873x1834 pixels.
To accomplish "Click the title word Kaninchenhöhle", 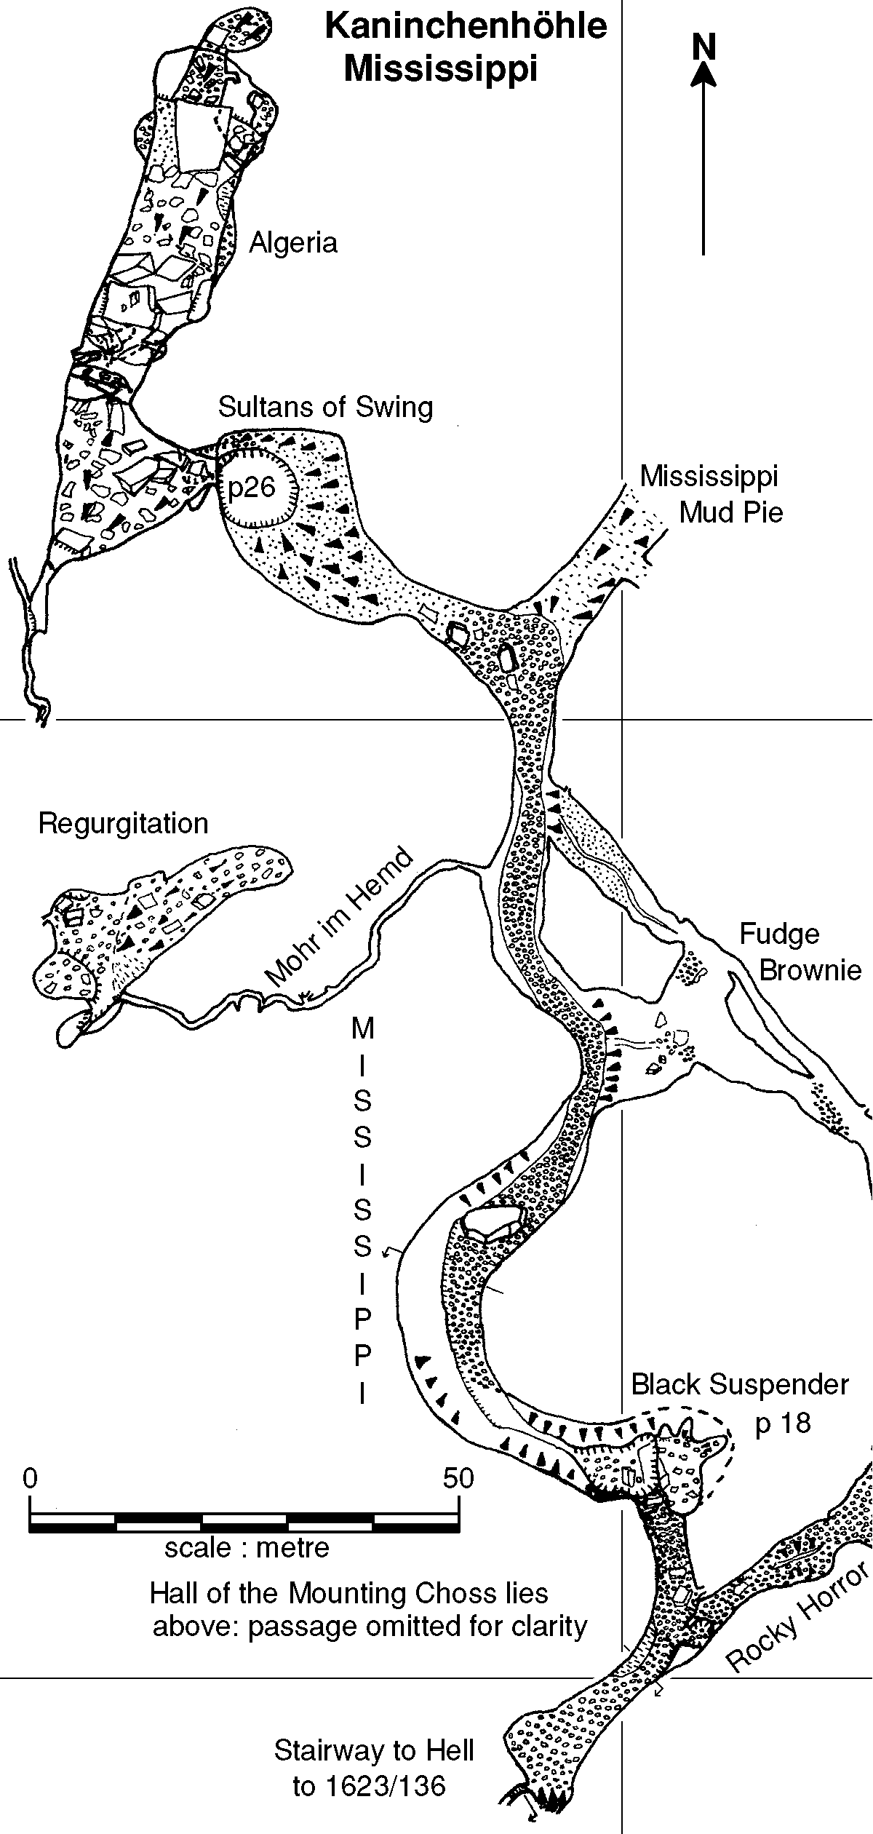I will pos(466,27).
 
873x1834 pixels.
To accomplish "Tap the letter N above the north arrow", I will pos(703,47).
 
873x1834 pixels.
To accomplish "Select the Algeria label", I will pos(293,243).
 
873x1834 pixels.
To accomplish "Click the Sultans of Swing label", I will pos(325,407).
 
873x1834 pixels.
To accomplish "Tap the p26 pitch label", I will pos(252,487).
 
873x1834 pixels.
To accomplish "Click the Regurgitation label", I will pos(123,823).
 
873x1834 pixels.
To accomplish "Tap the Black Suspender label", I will pos(739,1384).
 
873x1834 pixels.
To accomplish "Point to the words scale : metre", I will pos(247,1547).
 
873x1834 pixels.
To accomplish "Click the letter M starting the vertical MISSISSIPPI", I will pos(362,1029).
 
